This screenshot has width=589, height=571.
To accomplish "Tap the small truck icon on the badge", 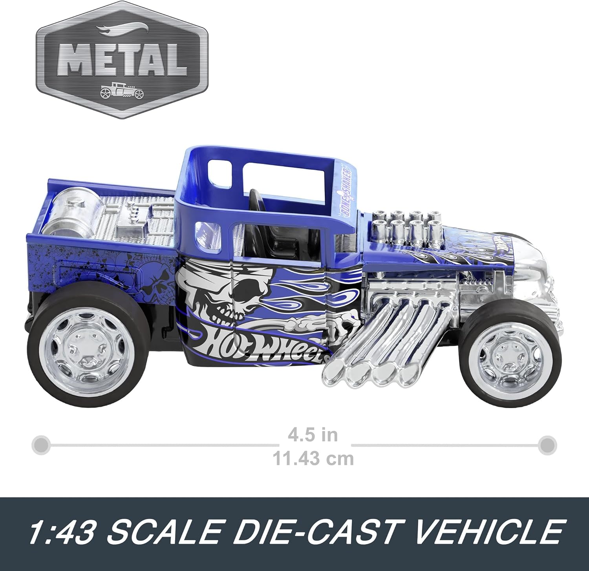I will point(122,91).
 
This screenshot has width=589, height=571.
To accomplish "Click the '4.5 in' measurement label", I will point(313,435).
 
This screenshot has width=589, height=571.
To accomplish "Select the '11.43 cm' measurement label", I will point(313,458).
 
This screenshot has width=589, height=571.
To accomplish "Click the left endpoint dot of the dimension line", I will point(40,445).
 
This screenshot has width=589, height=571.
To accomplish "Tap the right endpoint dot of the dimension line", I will point(547,445).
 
